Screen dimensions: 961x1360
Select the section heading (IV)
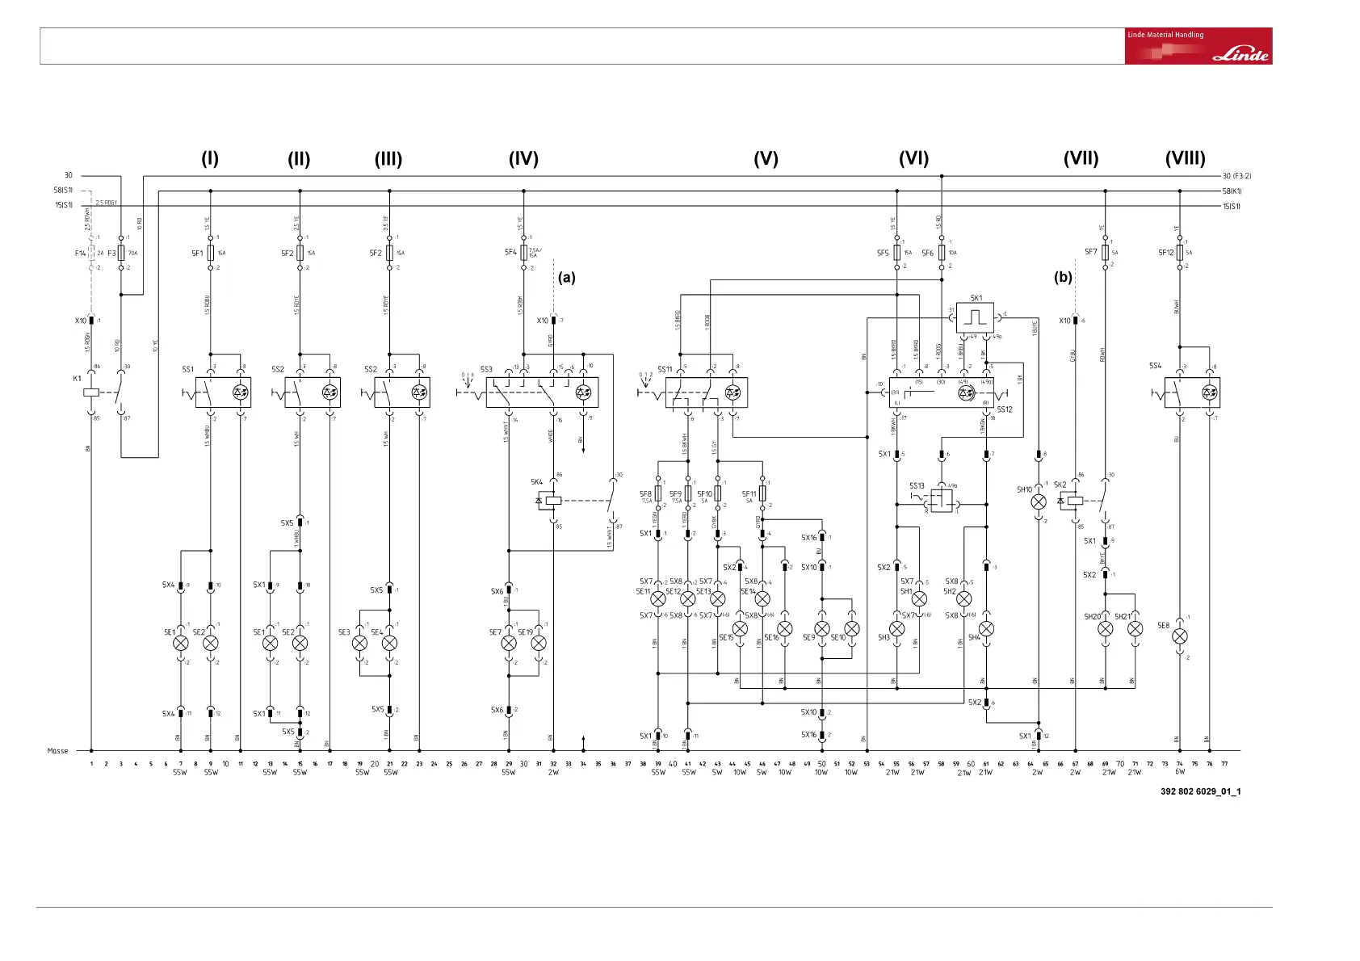523,159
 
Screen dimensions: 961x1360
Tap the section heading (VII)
1081,159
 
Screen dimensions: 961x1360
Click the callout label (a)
567,277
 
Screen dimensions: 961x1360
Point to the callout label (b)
1063,277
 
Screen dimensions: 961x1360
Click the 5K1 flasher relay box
976,317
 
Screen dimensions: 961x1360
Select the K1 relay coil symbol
91,392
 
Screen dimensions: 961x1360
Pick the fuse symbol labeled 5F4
523,253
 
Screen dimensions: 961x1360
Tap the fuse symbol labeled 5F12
1180,253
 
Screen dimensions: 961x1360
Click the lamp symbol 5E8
1180,636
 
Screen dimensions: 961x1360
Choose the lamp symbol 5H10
1039,501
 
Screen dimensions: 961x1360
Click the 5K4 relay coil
553,501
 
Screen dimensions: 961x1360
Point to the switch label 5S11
665,369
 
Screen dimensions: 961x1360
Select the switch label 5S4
1156,366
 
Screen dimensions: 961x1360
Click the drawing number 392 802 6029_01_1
1200,791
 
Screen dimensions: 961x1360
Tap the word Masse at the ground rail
57,751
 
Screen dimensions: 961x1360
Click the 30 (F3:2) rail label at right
1236,176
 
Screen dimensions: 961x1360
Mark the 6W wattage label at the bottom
1180,772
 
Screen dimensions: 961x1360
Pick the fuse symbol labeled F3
121,253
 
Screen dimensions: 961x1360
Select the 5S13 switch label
917,486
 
